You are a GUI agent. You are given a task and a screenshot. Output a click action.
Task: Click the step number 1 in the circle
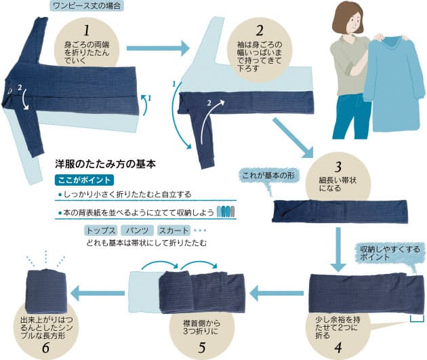pos(87,31)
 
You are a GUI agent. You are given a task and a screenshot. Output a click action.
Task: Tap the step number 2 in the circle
pos(260,31)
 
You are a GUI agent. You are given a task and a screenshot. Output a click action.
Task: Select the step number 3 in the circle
pos(338,167)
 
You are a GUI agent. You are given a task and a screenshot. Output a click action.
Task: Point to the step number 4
pos(338,348)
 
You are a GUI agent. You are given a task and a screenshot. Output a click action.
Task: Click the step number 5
pos(202,348)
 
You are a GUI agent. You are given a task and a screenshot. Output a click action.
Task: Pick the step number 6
pos(45,348)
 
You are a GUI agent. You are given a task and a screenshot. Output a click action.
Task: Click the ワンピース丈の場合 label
pos(87,5)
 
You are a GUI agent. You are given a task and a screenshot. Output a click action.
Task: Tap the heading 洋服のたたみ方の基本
pos(105,164)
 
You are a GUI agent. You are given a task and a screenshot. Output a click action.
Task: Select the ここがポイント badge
pos(84,180)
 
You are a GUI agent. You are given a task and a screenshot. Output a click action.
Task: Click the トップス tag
pos(101,231)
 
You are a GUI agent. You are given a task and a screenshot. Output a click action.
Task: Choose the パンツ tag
pos(137,231)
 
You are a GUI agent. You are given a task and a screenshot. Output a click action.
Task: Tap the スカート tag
pos(174,231)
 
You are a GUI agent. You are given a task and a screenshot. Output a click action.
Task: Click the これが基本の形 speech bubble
pos(268,176)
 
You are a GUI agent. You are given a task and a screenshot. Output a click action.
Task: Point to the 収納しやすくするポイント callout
pos(390,254)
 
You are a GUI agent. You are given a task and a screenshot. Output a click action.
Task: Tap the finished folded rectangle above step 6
pos(45,291)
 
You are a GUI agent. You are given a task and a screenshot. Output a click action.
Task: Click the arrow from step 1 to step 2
pos(158,48)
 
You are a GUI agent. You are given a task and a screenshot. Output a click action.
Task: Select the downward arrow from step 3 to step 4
pos(338,249)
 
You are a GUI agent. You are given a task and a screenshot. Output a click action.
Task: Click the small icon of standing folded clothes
pos(226,212)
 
